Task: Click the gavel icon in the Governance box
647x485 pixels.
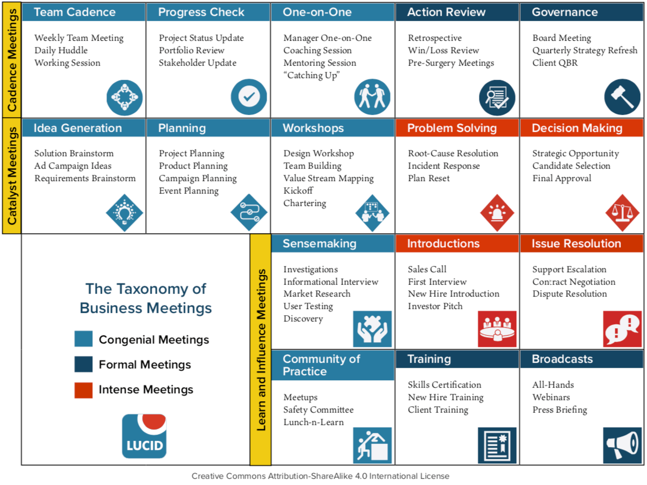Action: point(622,97)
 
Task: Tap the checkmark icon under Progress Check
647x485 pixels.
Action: point(248,97)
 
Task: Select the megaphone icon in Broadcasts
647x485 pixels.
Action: point(622,446)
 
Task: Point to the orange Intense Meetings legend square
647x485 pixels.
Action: point(83,390)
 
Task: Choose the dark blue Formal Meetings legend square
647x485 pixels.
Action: point(83,364)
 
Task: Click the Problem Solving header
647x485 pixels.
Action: point(452,128)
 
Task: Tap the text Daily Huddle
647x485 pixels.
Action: point(61,50)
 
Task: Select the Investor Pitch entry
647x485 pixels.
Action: point(435,306)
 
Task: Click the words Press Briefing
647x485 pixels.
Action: point(559,410)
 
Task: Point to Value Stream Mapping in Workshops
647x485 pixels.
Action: point(328,178)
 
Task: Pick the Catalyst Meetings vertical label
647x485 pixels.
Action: point(12,175)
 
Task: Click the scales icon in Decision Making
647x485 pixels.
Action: point(622,213)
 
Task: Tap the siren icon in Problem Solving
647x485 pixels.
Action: point(498,213)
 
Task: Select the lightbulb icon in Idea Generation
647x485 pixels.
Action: point(124,213)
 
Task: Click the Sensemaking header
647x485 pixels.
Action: point(319,243)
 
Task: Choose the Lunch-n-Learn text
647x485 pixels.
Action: point(314,422)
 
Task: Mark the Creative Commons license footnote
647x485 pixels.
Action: point(320,476)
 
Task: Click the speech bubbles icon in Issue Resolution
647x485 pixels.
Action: point(622,329)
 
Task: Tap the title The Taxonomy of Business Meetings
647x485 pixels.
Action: point(145,298)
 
